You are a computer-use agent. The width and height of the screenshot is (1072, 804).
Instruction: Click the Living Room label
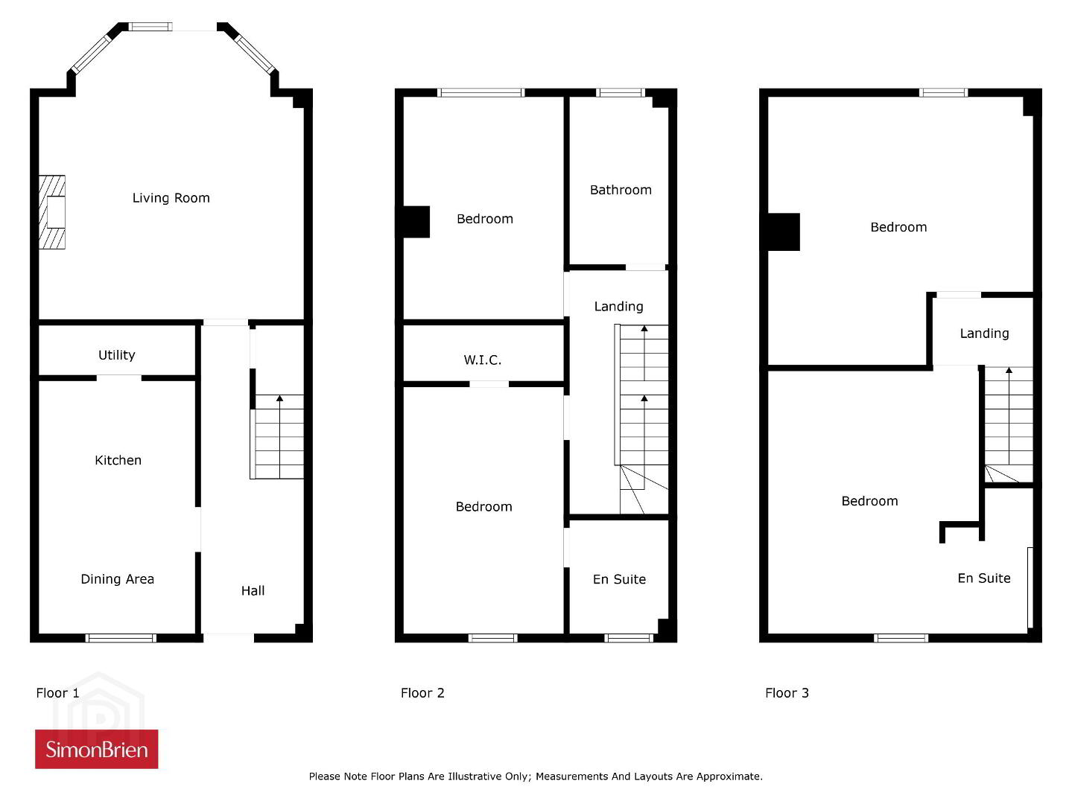[x=171, y=197]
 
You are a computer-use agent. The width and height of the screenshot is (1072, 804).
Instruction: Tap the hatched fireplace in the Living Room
[x=51, y=212]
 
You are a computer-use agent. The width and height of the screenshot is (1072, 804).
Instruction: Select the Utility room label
[x=117, y=354]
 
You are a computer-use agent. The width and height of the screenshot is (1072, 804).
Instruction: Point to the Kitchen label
[x=118, y=460]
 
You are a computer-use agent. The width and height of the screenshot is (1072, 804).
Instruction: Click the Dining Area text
[x=117, y=579]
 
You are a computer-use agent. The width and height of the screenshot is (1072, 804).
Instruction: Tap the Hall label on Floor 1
[x=253, y=591]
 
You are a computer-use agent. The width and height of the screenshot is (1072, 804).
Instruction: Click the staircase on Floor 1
[x=277, y=437]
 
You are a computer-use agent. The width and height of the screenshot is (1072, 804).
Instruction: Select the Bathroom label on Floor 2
[x=621, y=190]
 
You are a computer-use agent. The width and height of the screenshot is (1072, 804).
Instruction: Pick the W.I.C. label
[x=483, y=360]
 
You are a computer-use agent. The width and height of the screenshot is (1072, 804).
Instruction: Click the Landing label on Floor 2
[x=619, y=307]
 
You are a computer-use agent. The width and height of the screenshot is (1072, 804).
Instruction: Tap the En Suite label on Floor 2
[x=619, y=579]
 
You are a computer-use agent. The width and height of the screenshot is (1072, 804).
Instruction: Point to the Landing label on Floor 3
[x=984, y=334]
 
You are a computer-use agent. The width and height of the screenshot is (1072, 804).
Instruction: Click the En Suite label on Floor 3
[x=984, y=578]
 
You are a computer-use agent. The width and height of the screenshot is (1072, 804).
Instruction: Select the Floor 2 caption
[x=422, y=693]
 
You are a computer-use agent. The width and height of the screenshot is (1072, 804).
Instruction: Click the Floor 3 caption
[x=787, y=693]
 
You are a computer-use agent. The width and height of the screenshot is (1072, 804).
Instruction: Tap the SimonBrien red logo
[x=97, y=749]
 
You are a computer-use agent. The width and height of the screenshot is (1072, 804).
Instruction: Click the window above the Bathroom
[x=621, y=93]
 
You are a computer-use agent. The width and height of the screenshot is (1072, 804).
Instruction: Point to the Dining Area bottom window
[x=121, y=638]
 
